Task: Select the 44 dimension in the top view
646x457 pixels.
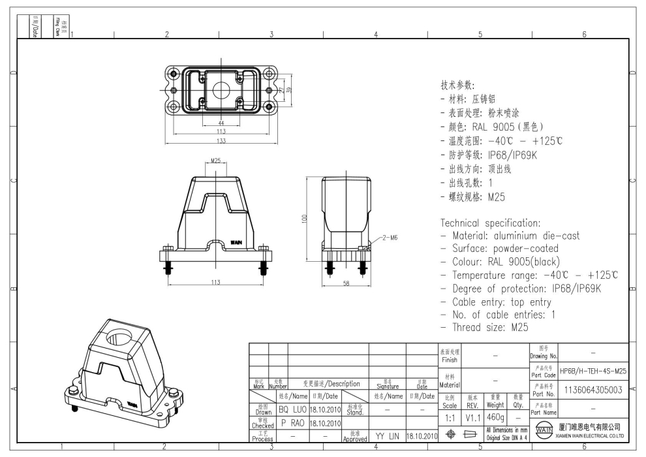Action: [221, 123]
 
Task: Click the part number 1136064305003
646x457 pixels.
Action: [593, 390]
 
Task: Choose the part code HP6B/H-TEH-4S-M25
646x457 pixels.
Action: [593, 371]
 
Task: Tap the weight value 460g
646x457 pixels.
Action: [495, 416]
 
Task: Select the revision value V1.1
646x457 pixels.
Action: [472, 416]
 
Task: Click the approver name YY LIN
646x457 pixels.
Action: [388, 435]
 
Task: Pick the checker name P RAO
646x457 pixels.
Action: [292, 422]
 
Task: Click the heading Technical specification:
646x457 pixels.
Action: [490, 223]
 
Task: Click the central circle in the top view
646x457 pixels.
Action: [221, 90]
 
